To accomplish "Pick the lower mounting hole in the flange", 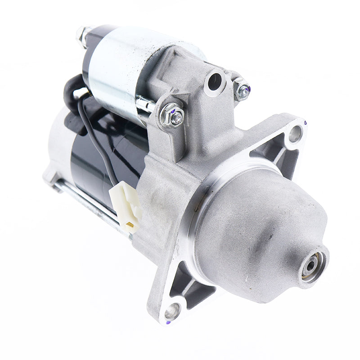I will tap(172, 310).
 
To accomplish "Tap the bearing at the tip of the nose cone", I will tap(312, 265).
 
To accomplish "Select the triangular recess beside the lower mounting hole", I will tap(189, 283).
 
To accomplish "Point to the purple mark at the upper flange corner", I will tap(305, 122).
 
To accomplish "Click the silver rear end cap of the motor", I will tap(56, 148).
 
